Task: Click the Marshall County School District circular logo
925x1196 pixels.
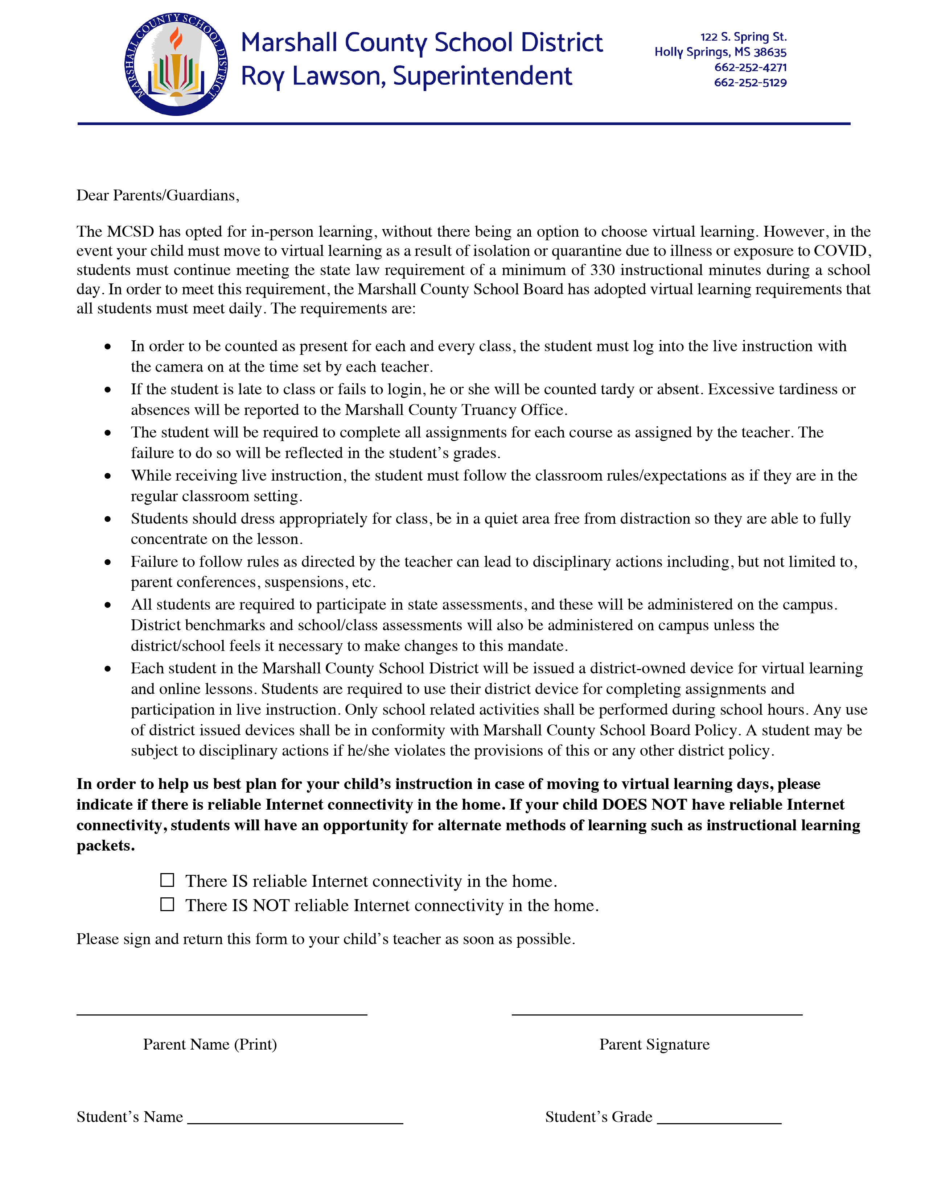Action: (176, 65)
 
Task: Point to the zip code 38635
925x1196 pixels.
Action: (769, 53)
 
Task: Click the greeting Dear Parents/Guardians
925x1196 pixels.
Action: (158, 195)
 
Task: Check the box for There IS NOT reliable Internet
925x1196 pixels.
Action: (167, 904)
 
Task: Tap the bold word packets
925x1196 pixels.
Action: (105, 846)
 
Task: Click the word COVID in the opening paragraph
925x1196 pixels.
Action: (842, 251)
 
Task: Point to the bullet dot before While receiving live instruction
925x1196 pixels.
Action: (108, 476)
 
